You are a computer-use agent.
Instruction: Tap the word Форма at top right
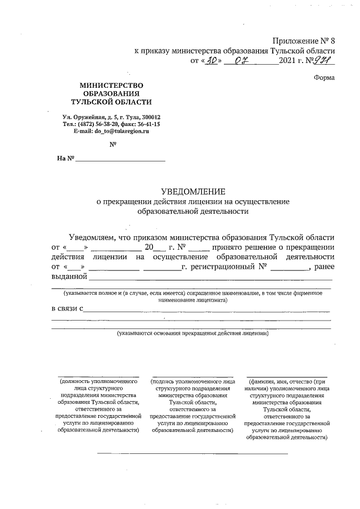[324, 78]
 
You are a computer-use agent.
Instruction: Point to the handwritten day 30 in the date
[211, 60]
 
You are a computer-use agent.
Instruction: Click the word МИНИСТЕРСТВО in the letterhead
[111, 84]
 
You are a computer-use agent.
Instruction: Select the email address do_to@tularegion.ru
[111, 130]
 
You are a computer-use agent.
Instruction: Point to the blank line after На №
[120, 161]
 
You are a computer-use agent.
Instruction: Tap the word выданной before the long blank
[69, 276]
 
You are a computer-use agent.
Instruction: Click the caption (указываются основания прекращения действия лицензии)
[193, 334]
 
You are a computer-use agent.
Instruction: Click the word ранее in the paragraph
[324, 267]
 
